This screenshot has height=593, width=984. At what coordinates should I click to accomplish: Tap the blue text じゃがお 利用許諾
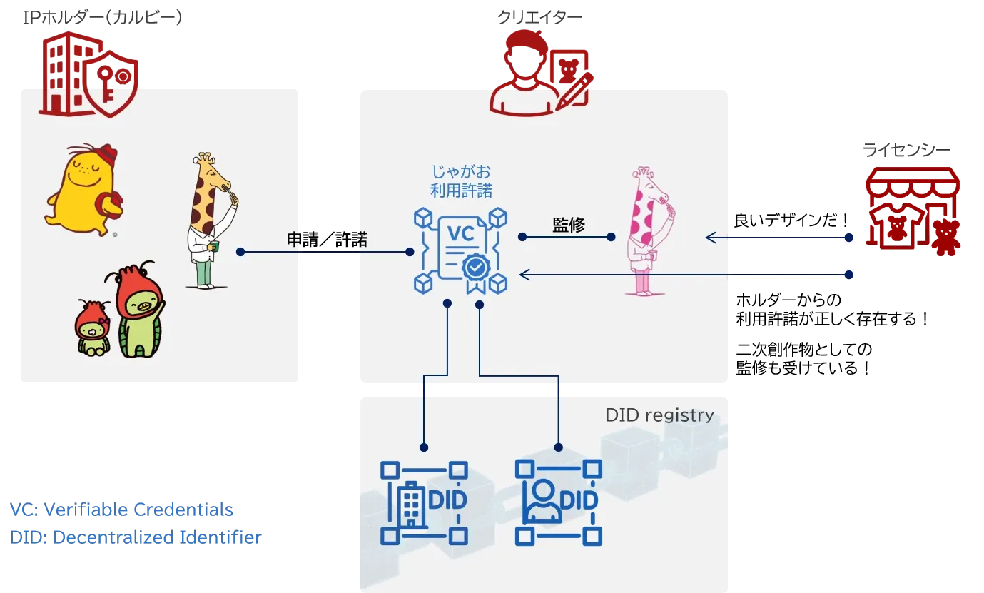tap(461, 181)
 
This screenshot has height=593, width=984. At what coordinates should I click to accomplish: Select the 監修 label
tap(569, 225)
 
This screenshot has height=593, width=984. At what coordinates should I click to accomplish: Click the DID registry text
tap(659, 415)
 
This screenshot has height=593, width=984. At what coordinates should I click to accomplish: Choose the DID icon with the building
tap(424, 502)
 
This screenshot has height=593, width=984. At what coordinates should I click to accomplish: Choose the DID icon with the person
tap(558, 502)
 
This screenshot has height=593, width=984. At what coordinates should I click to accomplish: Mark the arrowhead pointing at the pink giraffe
tap(711, 238)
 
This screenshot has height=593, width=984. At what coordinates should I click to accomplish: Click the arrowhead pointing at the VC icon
tap(524, 274)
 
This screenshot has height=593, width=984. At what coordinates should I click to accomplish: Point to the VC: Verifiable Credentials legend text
tap(122, 510)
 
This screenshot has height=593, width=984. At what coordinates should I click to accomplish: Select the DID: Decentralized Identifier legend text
tap(136, 537)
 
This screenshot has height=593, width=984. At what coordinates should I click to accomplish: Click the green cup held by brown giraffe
tap(214, 247)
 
